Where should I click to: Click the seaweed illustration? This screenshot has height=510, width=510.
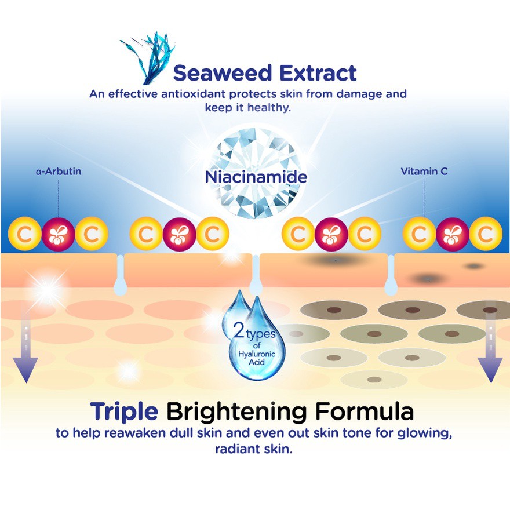(x=148, y=58)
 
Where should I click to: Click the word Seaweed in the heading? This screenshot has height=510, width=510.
(x=222, y=72)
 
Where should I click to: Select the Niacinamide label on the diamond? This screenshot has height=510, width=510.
(x=256, y=177)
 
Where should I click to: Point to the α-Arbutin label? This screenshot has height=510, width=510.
(x=59, y=172)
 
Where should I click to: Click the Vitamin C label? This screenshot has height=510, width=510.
(x=424, y=171)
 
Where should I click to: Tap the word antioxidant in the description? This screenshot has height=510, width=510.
(x=193, y=94)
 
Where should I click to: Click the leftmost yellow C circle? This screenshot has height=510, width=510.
(x=25, y=234)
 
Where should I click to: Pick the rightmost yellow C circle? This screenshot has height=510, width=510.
(x=486, y=234)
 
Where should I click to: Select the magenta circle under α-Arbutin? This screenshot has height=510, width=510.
(x=59, y=234)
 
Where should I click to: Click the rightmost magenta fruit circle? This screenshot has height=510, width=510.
(x=453, y=234)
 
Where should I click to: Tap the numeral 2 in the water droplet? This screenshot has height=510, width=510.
(x=239, y=331)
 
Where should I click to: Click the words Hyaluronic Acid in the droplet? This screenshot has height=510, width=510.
(x=257, y=358)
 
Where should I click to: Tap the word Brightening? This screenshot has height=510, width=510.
(x=236, y=412)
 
